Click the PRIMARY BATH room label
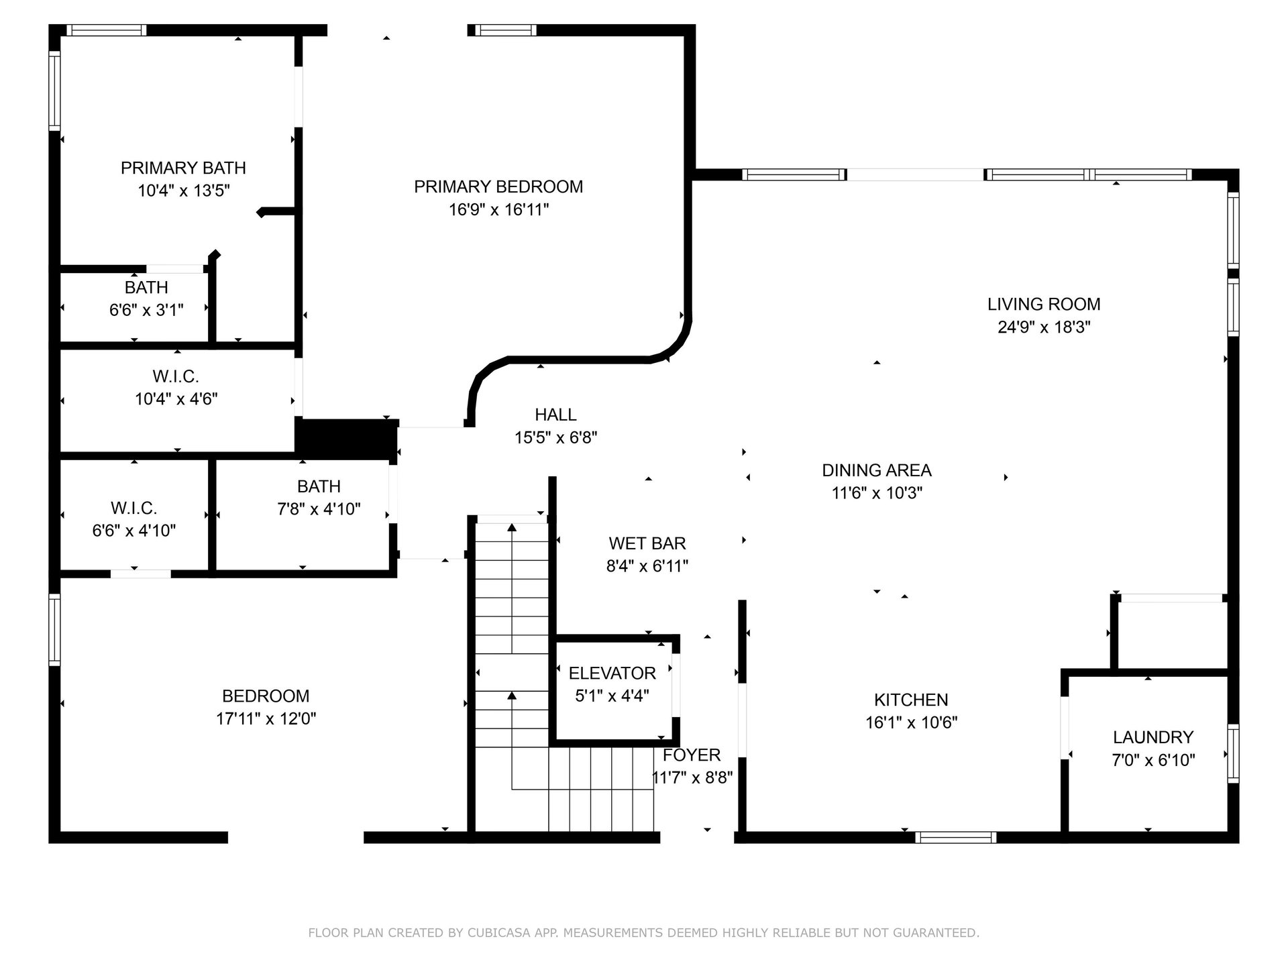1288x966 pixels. tap(183, 168)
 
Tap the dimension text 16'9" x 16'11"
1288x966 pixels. tap(498, 210)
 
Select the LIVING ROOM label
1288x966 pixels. tap(1044, 305)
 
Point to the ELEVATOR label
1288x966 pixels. tap(612, 674)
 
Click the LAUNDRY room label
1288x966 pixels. tap(1153, 737)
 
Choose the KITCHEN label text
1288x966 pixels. tap(911, 700)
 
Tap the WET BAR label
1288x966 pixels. tap(647, 543)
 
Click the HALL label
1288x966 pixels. tap(555, 415)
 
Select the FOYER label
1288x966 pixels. tap(692, 755)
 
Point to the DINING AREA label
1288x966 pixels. tap(877, 470)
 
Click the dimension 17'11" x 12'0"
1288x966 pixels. tap(266, 719)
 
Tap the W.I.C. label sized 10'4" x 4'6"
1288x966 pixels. tap(176, 376)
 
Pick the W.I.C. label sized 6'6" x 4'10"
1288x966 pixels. tap(134, 508)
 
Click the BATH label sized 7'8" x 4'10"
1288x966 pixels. tap(319, 486)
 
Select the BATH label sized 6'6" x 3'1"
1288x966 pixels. tap(146, 287)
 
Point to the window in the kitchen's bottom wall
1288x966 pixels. tap(955, 837)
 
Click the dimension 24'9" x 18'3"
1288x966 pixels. tap(1044, 327)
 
